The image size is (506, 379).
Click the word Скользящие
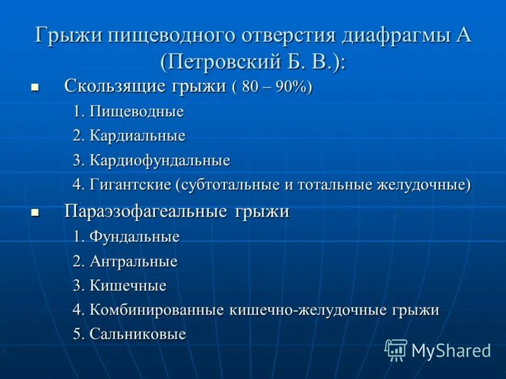114,87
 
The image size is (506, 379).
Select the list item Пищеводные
137,112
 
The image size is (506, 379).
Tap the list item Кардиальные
137,136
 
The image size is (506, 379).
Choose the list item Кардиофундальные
159,160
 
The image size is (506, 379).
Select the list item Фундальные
134,237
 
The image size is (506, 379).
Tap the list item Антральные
133,261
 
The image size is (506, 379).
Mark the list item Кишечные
128,286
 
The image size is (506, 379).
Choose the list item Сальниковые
137,334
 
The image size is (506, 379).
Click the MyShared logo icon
396,350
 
